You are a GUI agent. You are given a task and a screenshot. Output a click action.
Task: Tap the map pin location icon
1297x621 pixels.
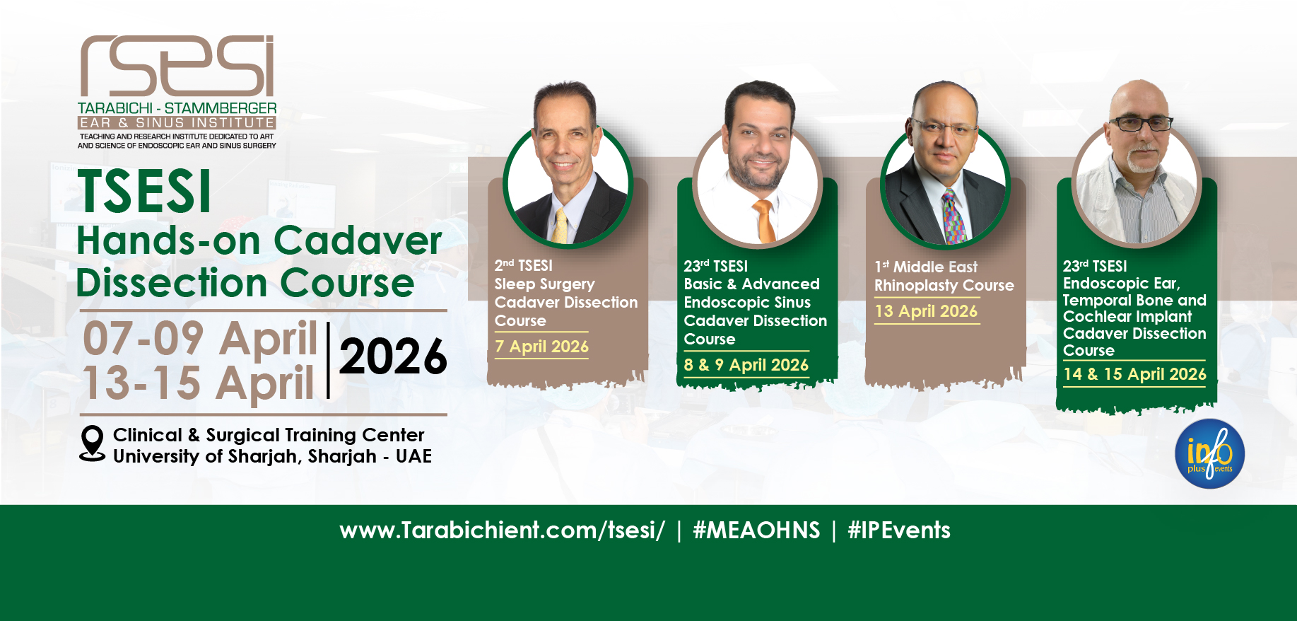coord(92,443)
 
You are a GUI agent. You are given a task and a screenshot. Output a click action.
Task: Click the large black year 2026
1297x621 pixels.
coord(393,356)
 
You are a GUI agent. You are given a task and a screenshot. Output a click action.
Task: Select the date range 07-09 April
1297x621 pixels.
coord(200,338)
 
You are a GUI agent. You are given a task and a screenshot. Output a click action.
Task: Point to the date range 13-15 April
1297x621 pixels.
coord(199,383)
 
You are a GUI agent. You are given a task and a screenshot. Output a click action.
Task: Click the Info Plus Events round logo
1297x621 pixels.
coord(1209,453)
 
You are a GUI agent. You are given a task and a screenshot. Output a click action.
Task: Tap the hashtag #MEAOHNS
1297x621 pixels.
coord(756,530)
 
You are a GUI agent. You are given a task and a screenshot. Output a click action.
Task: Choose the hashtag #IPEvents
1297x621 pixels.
coord(899,530)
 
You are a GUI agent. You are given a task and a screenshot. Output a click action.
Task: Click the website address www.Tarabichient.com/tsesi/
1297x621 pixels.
coord(502,530)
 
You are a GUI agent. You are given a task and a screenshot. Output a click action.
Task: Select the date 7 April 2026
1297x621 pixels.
coord(541,347)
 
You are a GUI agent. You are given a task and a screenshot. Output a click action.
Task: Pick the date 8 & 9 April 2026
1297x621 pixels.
coord(746,365)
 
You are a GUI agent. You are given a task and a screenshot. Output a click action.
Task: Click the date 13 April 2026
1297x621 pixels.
coord(926,311)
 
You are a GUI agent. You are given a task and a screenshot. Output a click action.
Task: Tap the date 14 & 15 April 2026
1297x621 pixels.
coord(1134,374)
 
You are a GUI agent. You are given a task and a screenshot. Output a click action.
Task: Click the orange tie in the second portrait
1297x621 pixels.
coord(764,221)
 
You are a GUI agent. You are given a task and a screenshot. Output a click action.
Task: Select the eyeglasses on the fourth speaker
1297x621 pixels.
coord(1140,124)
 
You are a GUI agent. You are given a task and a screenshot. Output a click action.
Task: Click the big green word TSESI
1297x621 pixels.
coord(145,191)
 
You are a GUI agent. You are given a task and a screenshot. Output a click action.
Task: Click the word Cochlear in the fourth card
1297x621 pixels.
coord(1093,317)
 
